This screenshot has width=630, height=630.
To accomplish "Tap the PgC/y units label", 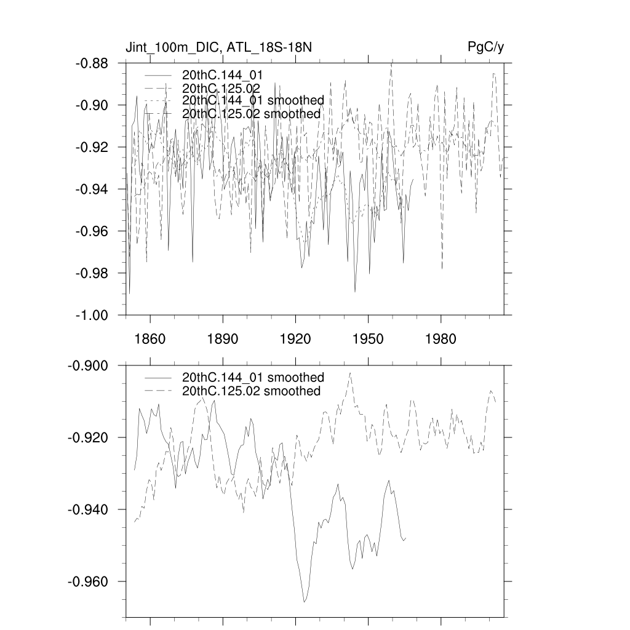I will [486, 47].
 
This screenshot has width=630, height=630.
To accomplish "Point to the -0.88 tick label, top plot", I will [92, 63].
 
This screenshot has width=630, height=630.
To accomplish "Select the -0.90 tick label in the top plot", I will [92, 105].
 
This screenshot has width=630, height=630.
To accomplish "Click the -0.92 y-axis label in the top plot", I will [92, 147].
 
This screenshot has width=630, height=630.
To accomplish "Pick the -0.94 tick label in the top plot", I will [92, 189].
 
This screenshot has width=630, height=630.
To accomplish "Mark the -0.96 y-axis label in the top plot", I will [92, 231].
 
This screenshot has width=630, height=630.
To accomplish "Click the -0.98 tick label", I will [92, 273].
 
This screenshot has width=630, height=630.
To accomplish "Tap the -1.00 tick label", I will [92, 315].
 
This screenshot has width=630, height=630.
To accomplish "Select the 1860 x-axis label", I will [150, 339].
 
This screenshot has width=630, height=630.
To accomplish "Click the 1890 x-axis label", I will [223, 339].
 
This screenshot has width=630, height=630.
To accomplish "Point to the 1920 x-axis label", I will [295, 339].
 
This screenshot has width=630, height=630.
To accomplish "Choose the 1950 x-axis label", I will [368, 339].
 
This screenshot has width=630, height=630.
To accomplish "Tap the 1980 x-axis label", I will [441, 339].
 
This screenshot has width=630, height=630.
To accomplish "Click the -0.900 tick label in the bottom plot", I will [89, 365].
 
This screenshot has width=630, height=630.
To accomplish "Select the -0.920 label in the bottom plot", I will [89, 437].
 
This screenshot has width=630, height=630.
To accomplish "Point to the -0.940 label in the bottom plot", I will [89, 509].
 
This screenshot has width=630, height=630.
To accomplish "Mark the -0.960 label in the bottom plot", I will [89, 581].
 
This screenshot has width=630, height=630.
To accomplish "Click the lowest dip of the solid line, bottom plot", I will [304, 602].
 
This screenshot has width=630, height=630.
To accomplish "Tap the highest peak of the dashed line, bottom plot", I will [350, 373].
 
